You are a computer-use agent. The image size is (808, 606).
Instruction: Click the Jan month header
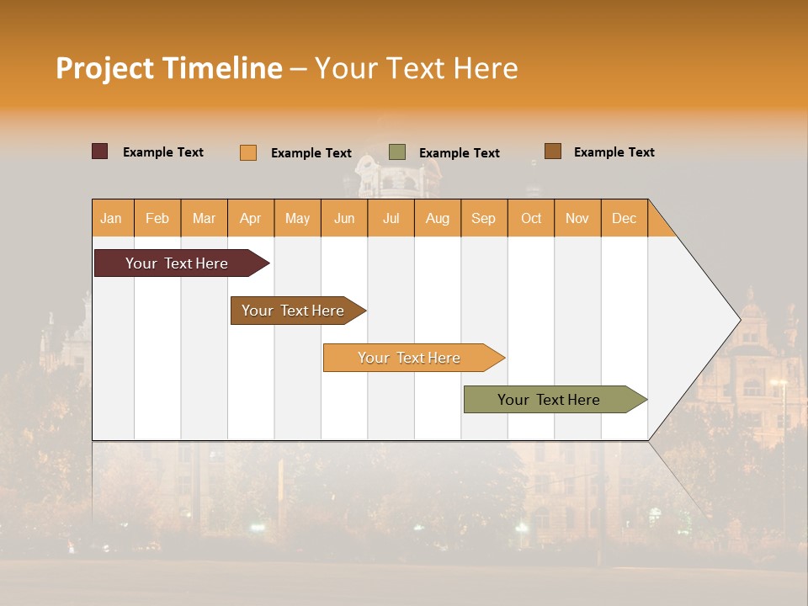[x=112, y=218]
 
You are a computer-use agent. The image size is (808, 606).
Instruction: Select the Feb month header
[x=157, y=218]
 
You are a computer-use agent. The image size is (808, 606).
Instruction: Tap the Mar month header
[x=204, y=218]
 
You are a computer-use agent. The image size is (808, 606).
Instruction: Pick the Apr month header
[x=251, y=218]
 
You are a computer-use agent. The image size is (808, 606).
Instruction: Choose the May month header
[x=297, y=218]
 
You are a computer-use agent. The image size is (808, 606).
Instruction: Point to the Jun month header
[x=344, y=218]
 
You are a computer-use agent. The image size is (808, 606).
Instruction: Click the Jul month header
[x=391, y=218]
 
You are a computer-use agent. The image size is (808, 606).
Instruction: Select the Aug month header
[x=438, y=218]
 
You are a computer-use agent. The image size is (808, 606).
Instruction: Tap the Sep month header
[x=484, y=218]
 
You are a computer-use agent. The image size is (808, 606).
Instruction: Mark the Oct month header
[x=531, y=218]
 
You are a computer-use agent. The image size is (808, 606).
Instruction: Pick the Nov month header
[x=577, y=218]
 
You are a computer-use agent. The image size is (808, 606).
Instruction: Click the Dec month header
[x=625, y=218]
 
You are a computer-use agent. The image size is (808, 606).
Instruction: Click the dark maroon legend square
[x=100, y=151]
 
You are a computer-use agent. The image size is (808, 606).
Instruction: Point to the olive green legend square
[x=397, y=151]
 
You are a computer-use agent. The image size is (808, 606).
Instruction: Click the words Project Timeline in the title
[x=169, y=68]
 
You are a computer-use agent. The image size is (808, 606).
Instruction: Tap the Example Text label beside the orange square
[x=311, y=153]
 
